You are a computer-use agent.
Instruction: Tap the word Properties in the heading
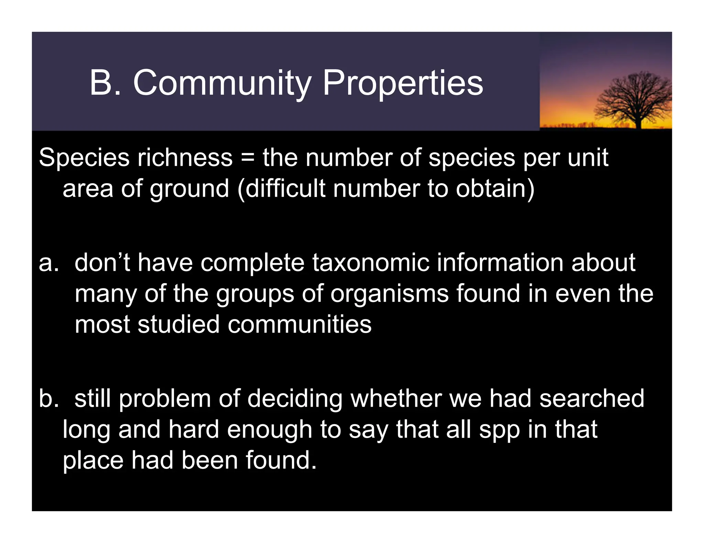click(x=403, y=83)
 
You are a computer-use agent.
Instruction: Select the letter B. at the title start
click(x=105, y=83)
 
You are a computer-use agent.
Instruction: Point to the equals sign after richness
click(x=247, y=158)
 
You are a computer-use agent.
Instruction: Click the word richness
click(x=185, y=158)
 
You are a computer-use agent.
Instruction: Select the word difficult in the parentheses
click(x=285, y=189)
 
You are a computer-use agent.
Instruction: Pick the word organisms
click(x=389, y=294)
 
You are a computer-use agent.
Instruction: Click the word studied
click(x=178, y=324)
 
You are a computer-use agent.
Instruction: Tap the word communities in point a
click(x=299, y=324)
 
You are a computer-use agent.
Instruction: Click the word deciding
click(x=295, y=399)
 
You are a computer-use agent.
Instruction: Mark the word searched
click(x=592, y=399)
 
